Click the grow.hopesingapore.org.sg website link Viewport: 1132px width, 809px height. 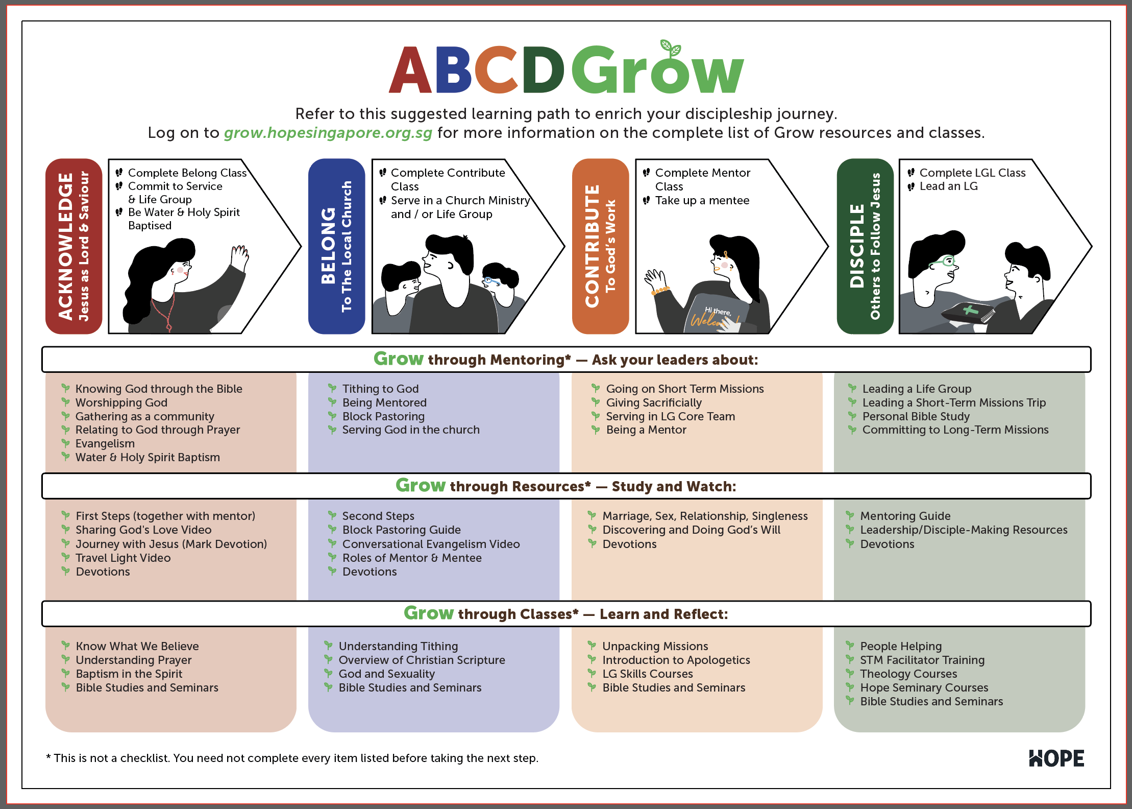click(328, 133)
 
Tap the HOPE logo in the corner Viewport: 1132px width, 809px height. click(1056, 758)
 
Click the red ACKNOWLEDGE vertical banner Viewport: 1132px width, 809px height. click(74, 246)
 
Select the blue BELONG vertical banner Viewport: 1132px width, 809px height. click(336, 246)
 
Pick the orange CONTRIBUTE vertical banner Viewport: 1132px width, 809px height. click(600, 246)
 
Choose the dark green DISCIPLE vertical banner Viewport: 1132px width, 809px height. click(865, 246)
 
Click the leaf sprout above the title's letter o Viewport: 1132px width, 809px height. click(671, 48)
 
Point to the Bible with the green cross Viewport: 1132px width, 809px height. click(968, 313)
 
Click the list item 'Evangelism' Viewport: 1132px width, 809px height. click(105, 443)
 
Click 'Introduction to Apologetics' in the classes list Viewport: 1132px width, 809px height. click(676, 660)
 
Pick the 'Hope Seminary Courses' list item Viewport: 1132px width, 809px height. click(924, 687)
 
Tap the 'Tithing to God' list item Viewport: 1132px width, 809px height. click(380, 389)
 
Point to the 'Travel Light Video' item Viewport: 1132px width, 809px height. click(123, 558)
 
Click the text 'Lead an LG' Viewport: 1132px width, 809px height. click(948, 186)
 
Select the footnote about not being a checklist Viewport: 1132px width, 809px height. click(292, 758)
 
